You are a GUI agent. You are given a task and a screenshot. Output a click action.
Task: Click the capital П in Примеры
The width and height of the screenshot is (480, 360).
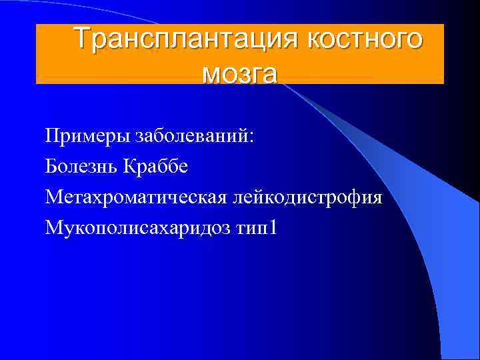[52, 136]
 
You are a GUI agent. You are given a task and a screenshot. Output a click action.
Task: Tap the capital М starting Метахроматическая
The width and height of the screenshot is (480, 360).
[53, 197]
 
